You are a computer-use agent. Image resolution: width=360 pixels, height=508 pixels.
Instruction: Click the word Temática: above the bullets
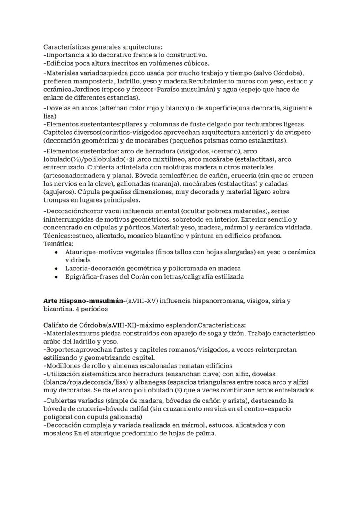[x=59, y=244]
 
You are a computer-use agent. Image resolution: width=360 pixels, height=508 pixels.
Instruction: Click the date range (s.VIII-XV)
[x=133, y=301]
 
